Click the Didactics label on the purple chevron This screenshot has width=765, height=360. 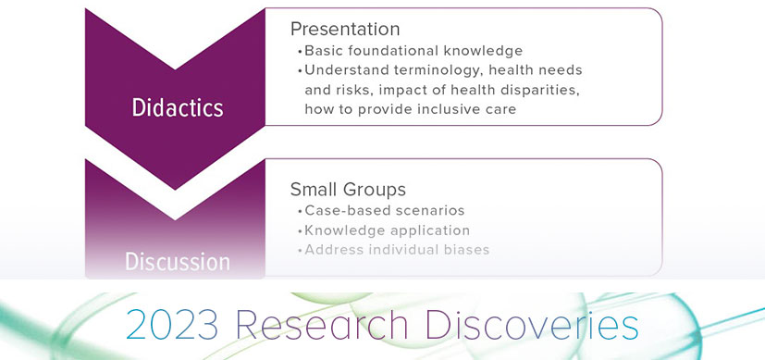177,107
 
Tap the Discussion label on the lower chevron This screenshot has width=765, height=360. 177,263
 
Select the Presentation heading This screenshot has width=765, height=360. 345,29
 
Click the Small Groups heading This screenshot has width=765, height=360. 348,189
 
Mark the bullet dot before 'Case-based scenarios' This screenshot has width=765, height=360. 300,211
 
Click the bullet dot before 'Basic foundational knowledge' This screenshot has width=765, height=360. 300,52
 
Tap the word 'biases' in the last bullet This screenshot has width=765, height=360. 467,249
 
